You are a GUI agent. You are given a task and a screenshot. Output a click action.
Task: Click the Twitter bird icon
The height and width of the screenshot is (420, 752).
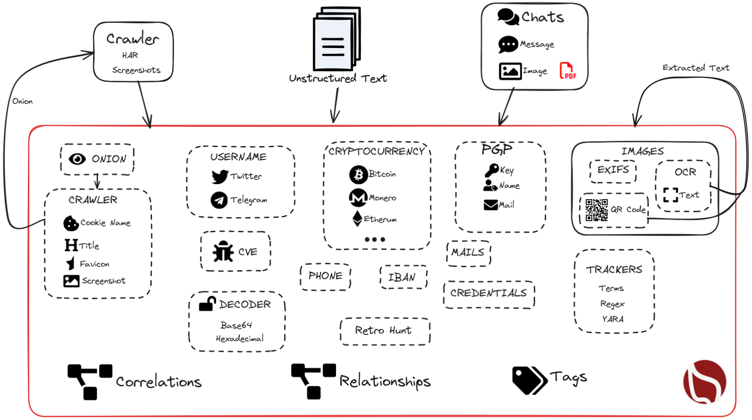(220, 176)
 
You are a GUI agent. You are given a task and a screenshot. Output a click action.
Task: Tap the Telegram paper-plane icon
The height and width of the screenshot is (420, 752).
(219, 200)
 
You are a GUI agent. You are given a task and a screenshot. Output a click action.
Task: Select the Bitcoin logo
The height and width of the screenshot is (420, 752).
(358, 174)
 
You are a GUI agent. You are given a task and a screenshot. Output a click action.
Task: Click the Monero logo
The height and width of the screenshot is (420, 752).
(358, 198)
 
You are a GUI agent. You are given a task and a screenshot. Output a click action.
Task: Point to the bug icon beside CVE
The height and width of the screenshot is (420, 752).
(223, 251)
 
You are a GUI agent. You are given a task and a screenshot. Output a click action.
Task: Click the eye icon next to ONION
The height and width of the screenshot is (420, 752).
(77, 159)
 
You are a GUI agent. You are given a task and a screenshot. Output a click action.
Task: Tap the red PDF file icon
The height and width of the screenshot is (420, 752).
(567, 71)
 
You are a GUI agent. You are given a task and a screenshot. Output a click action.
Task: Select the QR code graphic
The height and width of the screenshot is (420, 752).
(597, 210)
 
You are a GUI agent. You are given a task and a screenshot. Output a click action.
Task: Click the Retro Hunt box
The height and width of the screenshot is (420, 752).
(384, 330)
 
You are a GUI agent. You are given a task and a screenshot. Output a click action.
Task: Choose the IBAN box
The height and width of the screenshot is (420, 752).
(402, 277)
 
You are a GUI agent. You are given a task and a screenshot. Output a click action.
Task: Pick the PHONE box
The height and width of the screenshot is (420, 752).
(325, 276)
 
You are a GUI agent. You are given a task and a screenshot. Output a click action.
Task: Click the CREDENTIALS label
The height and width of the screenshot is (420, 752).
(488, 293)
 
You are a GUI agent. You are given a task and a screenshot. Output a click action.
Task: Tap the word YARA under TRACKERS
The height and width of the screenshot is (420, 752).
(612, 319)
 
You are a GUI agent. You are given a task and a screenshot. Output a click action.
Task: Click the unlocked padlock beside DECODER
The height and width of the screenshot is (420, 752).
(207, 303)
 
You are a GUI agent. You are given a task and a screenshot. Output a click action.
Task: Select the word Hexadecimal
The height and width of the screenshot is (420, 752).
(240, 339)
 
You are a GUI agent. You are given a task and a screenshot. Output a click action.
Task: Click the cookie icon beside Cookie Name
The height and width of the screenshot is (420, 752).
(71, 223)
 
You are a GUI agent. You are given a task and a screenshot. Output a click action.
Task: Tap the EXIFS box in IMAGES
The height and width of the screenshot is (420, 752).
(613, 170)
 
